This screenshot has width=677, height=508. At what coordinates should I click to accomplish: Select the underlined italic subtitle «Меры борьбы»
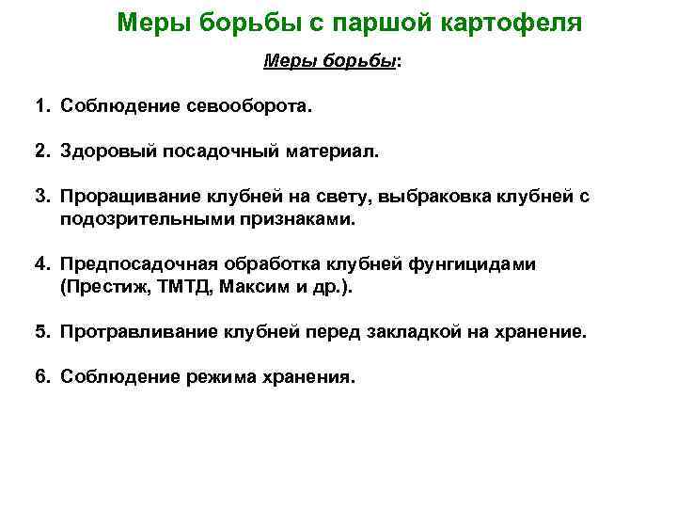[x=329, y=61]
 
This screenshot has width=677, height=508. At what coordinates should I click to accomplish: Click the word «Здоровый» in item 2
[x=102, y=151]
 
